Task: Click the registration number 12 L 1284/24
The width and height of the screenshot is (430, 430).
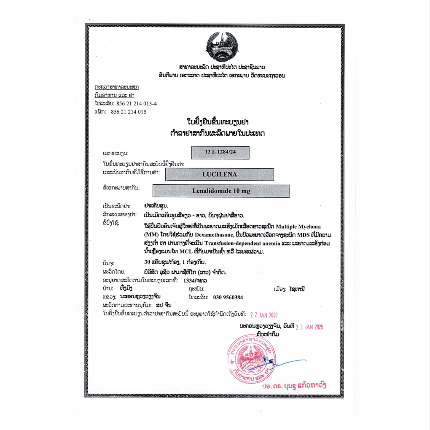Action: tap(220, 152)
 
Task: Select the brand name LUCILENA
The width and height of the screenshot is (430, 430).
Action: tap(219, 174)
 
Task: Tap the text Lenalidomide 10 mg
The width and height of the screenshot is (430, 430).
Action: tap(221, 191)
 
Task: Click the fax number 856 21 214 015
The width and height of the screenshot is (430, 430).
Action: tap(129, 112)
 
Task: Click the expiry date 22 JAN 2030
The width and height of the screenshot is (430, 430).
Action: tap(264, 315)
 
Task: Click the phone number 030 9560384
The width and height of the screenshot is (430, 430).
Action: tap(228, 297)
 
